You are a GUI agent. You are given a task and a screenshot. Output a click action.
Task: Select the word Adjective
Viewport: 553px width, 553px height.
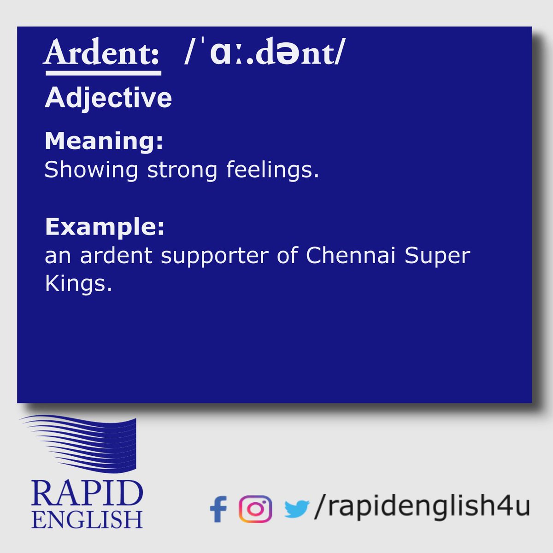click(108, 98)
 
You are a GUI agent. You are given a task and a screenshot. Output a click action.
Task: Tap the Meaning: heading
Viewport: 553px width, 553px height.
click(104, 141)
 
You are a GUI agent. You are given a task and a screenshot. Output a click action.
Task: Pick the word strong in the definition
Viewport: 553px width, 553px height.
click(182, 170)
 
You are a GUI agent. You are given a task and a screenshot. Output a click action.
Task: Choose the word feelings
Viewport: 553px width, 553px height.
click(272, 170)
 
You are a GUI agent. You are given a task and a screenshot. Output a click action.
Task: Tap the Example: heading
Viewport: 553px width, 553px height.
click(105, 226)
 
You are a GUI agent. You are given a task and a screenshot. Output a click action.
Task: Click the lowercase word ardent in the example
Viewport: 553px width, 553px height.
click(116, 256)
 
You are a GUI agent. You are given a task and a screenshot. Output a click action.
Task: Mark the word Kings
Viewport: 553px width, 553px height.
click(78, 284)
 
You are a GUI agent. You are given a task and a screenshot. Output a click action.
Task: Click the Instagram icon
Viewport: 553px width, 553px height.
click(255, 509)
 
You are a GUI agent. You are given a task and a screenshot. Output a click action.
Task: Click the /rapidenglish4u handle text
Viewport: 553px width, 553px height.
click(422, 507)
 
